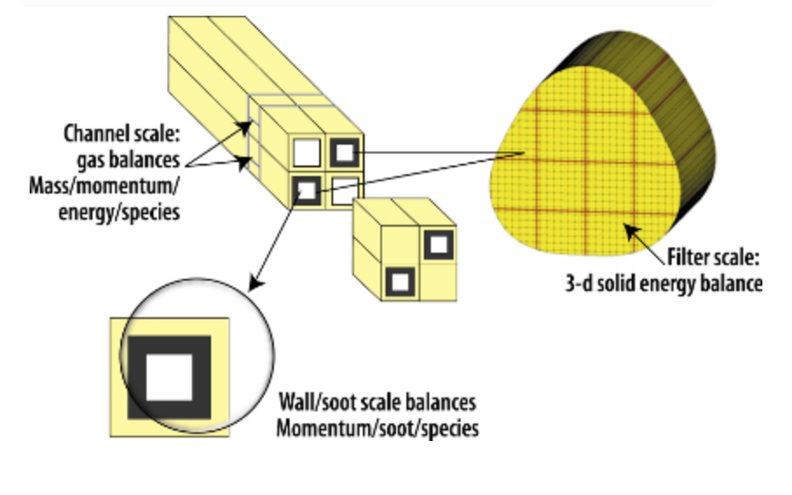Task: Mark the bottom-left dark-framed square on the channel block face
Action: [306, 188]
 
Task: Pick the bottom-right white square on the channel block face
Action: [344, 188]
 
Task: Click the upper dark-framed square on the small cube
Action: [435, 245]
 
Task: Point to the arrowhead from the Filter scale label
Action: [626, 229]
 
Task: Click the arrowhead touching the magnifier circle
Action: [254, 283]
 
